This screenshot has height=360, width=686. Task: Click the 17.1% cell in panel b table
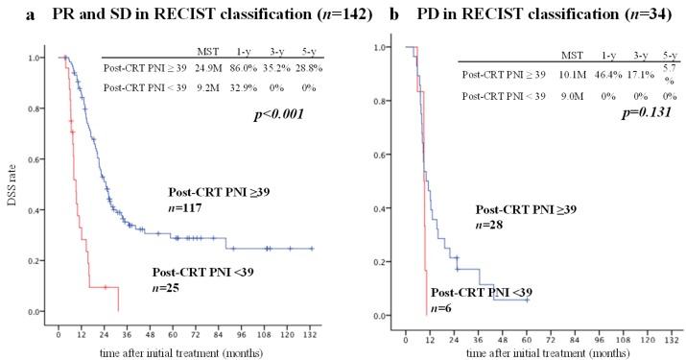tap(621, 73)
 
